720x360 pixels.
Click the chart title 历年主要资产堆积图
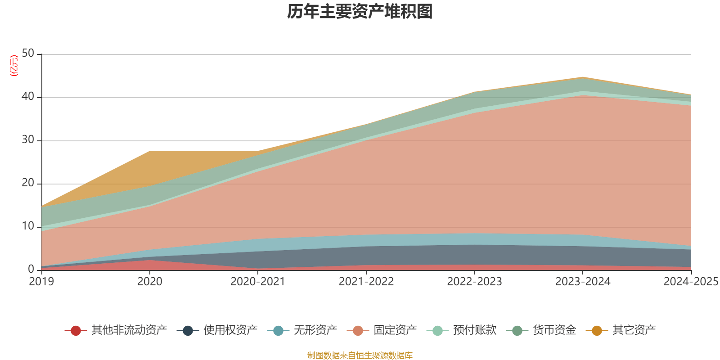[360, 12]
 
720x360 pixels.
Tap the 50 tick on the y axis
[28, 53]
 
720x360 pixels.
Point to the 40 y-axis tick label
[28, 96]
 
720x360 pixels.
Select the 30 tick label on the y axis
[28, 139]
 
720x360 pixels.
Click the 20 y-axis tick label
[28, 183]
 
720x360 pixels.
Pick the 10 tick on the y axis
[28, 226]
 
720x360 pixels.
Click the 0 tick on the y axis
[31, 269]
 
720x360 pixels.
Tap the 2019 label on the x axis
[41, 282]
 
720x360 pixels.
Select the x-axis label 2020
[150, 282]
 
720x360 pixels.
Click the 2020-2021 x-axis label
[258, 282]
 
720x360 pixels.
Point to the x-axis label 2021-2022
[366, 282]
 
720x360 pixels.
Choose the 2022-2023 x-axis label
[474, 282]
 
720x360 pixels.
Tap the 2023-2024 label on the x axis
[583, 282]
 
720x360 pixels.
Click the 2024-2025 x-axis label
[691, 282]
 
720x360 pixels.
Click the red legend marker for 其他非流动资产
[76, 331]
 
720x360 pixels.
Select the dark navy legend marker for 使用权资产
[188, 331]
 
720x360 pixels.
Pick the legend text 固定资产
[395, 330]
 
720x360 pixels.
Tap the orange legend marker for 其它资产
[597, 331]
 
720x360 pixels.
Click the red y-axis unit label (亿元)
[14, 66]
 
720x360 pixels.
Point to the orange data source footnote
[360, 355]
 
